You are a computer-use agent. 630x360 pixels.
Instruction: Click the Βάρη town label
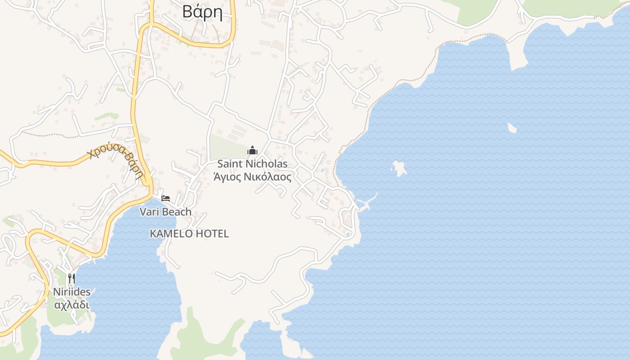pyautogui.click(x=202, y=12)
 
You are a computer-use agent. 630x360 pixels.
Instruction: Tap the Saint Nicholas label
pyautogui.click(x=252, y=164)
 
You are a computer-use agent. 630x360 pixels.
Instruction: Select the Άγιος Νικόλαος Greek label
pyautogui.click(x=252, y=177)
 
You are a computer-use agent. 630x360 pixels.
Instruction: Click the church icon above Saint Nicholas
pyautogui.click(x=252, y=150)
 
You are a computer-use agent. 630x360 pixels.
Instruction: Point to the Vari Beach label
pyautogui.click(x=165, y=211)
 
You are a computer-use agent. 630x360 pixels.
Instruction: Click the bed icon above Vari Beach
pyautogui.click(x=166, y=198)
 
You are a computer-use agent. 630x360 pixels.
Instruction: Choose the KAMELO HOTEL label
pyautogui.click(x=189, y=234)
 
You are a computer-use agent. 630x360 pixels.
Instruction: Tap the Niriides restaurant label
pyautogui.click(x=72, y=292)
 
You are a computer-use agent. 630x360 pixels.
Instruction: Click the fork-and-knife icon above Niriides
pyautogui.click(x=71, y=279)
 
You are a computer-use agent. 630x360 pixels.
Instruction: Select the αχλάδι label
pyautogui.click(x=72, y=305)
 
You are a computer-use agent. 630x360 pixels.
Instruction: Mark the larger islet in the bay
pyautogui.click(x=399, y=168)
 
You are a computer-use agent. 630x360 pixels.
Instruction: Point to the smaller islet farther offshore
pyautogui.click(x=512, y=128)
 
